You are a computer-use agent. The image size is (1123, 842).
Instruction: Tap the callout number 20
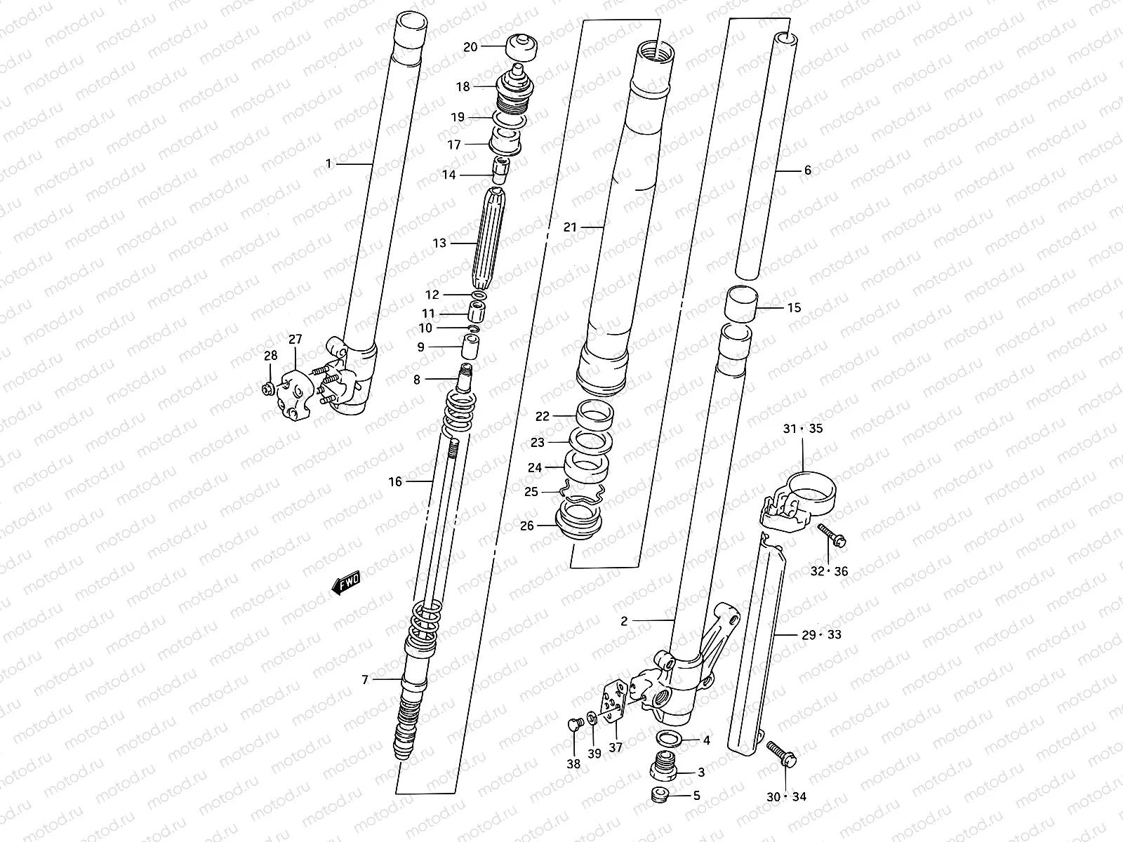tap(470, 47)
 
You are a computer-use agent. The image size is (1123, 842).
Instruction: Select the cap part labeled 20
tap(521, 47)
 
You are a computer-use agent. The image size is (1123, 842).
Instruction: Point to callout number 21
tap(570, 227)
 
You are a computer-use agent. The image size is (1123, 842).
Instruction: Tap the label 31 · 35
tap(804, 429)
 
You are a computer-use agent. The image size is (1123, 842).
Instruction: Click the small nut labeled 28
tap(267, 389)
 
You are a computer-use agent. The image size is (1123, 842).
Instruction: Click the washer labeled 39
tap(592, 719)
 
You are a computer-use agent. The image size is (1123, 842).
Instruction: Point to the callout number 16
tap(395, 481)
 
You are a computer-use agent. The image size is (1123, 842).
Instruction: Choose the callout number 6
tap(807, 170)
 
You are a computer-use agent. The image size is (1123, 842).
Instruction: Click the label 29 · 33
tap(821, 635)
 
